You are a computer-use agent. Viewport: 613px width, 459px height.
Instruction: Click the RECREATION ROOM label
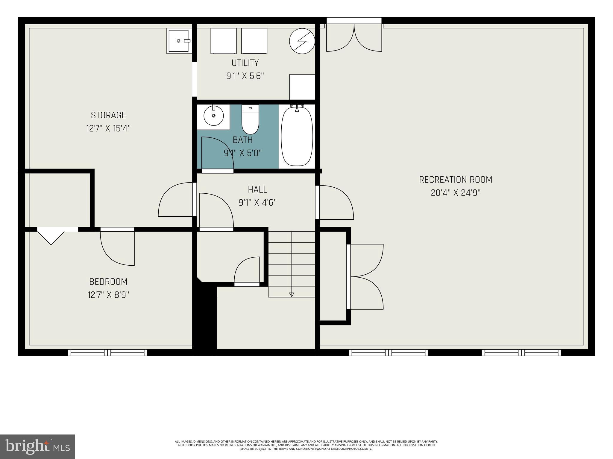click(456, 180)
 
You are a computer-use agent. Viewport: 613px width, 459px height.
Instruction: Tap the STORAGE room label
click(108, 115)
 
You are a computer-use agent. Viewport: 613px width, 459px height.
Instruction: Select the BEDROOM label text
click(108, 281)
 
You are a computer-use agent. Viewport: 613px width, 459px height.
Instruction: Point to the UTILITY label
click(245, 63)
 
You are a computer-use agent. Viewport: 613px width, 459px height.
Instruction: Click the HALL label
click(257, 189)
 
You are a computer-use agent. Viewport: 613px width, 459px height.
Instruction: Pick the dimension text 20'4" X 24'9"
click(456, 193)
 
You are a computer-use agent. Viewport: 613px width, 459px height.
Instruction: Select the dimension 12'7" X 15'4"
click(108, 128)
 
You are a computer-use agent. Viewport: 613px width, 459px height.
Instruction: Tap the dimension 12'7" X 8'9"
click(108, 295)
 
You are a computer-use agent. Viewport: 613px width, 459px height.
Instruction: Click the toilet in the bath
click(250, 119)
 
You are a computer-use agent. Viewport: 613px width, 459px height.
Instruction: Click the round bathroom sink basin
click(213, 116)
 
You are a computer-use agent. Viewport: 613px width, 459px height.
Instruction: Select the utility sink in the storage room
click(179, 41)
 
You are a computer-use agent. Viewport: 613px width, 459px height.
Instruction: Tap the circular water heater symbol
click(302, 41)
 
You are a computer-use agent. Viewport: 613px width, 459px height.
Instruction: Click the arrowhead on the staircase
click(292, 294)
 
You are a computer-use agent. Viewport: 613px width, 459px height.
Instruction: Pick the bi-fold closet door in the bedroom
click(51, 236)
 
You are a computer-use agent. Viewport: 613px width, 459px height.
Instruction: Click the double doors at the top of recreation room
click(354, 38)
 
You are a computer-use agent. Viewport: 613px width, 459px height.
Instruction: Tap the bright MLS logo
click(37, 446)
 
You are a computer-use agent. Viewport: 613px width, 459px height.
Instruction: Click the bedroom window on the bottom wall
click(107, 353)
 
